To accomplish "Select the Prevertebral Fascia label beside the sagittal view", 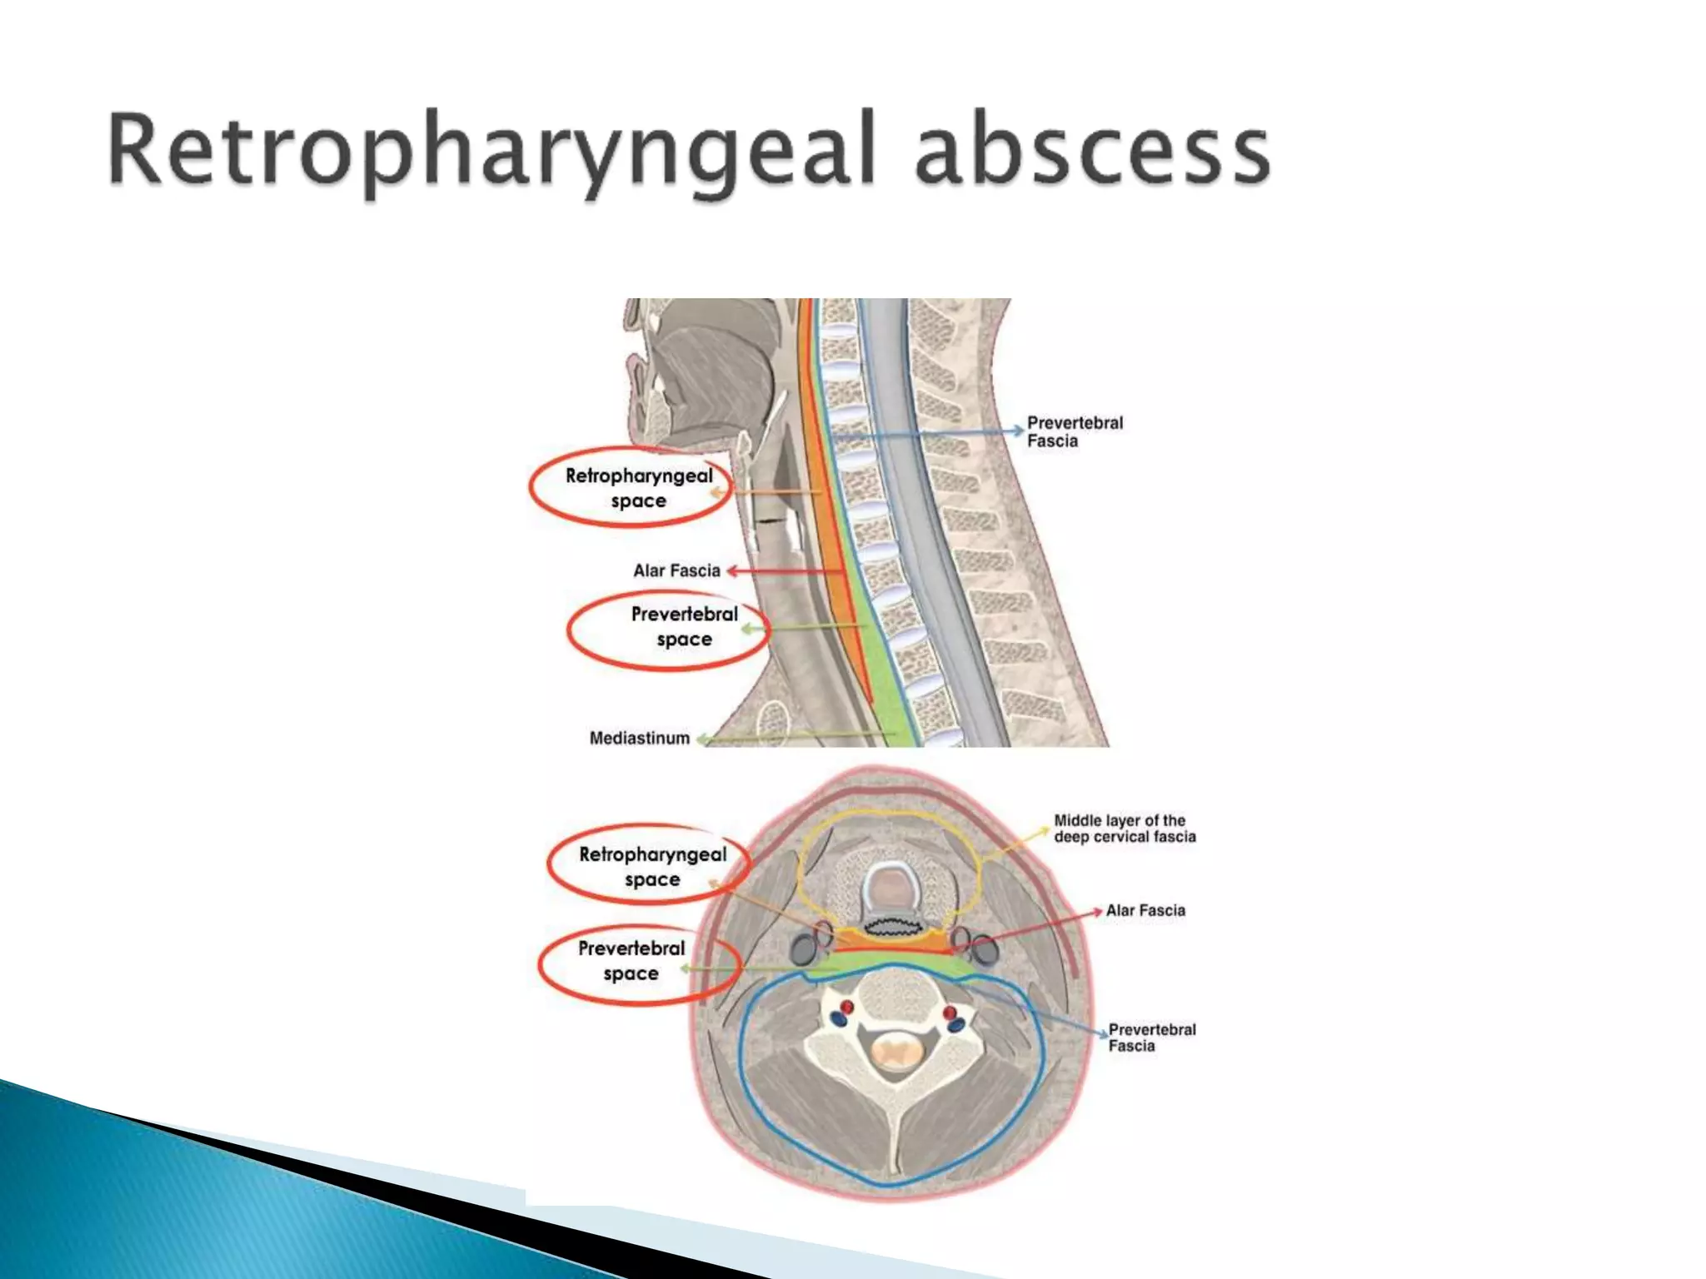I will point(1075,432).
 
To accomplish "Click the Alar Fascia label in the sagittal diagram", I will point(676,571).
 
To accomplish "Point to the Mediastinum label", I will point(640,739).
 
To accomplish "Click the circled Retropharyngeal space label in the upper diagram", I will point(639,488).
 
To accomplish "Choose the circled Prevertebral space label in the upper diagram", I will point(684,626).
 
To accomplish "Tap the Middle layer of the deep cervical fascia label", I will point(1125,829).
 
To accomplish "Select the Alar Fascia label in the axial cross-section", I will point(1145,911).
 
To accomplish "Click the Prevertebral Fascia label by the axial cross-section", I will point(1151,1038).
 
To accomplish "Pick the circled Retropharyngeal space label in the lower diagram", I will point(652,866).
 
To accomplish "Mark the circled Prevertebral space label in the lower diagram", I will point(631,960).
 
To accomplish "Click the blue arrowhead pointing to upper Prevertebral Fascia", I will point(1017,430).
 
